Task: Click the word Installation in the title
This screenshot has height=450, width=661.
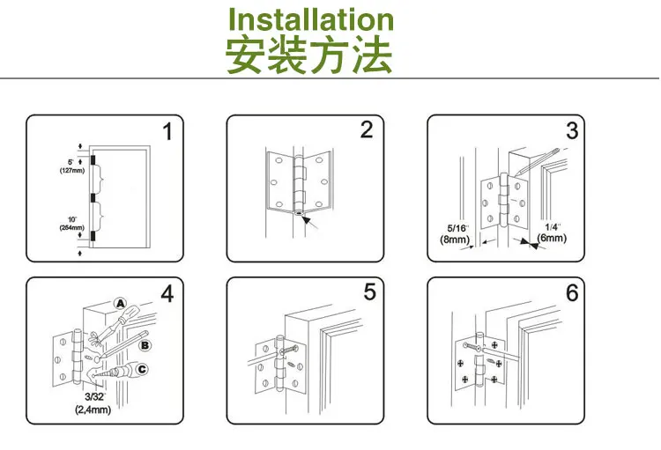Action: pos(311,19)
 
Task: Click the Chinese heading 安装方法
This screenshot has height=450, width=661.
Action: pos(308,55)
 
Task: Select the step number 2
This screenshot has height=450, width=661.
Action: pos(367,130)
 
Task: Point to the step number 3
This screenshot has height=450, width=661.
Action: pos(572,132)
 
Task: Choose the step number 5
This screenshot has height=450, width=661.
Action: pos(370,291)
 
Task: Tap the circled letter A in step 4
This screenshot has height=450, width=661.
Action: pos(121,305)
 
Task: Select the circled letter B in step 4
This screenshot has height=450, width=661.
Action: pos(145,345)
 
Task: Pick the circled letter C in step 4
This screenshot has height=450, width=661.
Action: pos(145,370)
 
